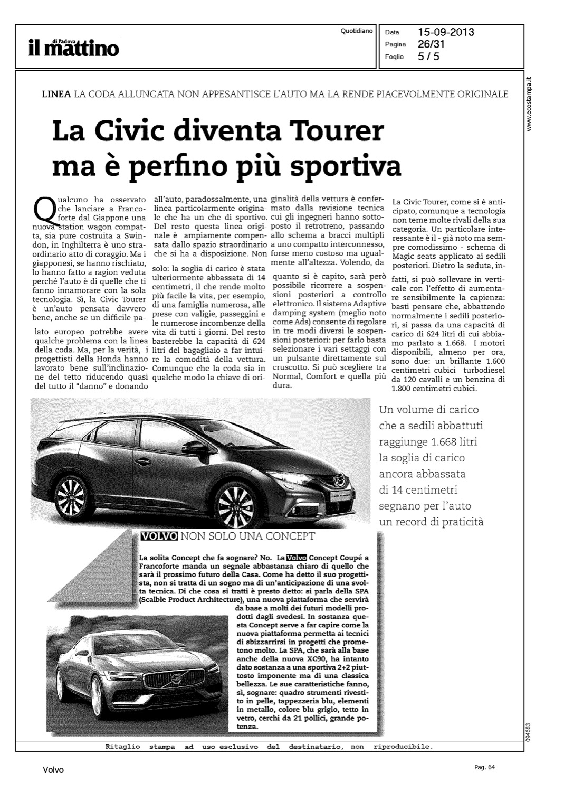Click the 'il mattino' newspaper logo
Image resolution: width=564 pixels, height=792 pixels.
click(x=74, y=47)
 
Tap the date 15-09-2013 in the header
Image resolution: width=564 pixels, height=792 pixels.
click(x=446, y=32)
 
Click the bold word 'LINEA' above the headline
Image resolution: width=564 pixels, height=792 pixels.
click(x=56, y=95)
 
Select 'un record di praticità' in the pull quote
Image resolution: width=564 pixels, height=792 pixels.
click(x=431, y=522)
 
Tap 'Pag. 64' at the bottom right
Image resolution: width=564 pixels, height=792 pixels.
click(x=485, y=767)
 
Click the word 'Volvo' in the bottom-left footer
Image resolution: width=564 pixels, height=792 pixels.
click(x=53, y=770)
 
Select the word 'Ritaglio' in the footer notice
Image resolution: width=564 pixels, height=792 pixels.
click(x=120, y=747)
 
